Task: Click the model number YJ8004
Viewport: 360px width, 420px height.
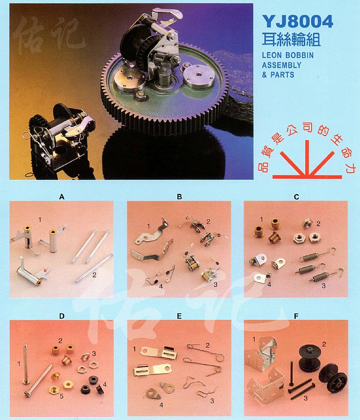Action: point(298,22)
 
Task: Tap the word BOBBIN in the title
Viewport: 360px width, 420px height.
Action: point(299,55)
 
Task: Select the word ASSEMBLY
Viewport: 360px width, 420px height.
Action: point(281,65)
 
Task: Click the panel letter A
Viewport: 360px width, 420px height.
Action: point(62,197)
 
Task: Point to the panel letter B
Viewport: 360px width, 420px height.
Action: point(179,197)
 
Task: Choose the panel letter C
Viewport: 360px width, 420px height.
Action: point(296,197)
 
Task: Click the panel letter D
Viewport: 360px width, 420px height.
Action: point(62,316)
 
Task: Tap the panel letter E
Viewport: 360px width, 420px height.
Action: point(179,316)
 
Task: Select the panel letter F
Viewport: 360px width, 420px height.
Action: point(296,316)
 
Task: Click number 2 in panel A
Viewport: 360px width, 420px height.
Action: point(94,275)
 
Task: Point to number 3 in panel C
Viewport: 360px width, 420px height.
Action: point(323,286)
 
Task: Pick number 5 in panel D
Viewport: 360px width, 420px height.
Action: point(62,396)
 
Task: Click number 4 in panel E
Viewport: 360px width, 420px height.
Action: point(161,405)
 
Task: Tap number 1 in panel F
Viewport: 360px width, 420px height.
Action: point(254,340)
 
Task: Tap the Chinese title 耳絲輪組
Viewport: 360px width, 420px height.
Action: point(292,40)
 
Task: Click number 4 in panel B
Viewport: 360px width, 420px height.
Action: point(161,286)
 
